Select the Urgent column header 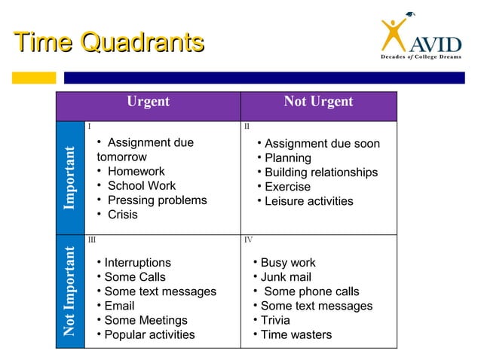point(148,102)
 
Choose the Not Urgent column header point(318,102)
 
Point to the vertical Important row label point(69,178)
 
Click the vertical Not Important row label point(69,291)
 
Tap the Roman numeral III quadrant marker point(92,239)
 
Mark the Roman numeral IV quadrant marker point(249,239)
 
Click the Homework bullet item point(136,172)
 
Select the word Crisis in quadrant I point(122,215)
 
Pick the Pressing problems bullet point(157,200)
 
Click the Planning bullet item point(287,158)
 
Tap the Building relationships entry point(320,172)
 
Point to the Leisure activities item point(308,201)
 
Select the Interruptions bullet point(137,263)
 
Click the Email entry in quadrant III point(119,306)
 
